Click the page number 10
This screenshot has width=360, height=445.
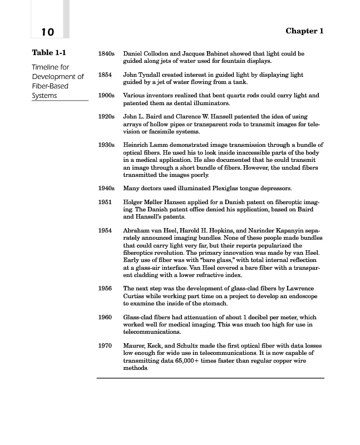click(x=47, y=32)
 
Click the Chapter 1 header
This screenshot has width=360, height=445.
click(x=304, y=31)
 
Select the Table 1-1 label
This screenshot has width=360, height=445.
click(x=50, y=53)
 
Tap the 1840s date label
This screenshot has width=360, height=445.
click(x=106, y=54)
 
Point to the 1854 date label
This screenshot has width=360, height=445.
click(x=104, y=75)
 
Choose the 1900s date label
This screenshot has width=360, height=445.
click(x=106, y=96)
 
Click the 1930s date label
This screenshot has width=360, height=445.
click(x=106, y=145)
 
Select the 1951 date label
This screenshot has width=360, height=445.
click(x=104, y=202)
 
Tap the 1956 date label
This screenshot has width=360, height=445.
click(x=104, y=288)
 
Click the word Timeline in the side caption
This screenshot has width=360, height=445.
click(x=46, y=67)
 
